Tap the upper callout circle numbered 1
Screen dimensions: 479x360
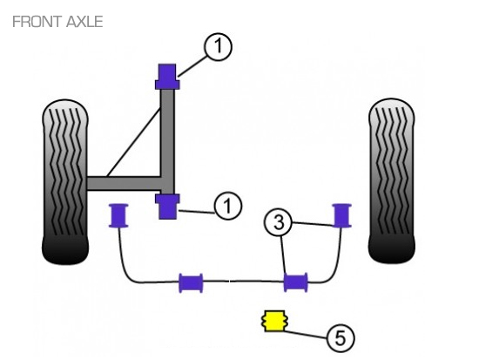pos(218,46)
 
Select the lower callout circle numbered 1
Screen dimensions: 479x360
pos(228,205)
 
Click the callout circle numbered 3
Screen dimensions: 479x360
pos(279,222)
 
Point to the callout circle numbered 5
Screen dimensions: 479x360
pos(341,338)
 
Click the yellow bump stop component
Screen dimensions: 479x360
pos(274,321)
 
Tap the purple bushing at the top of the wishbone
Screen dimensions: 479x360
pos(167,77)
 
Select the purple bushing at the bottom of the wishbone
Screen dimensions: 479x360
pos(167,207)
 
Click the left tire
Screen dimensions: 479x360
pos(65,181)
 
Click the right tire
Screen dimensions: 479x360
pos(392,180)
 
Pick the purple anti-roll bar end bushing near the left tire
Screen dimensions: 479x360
pos(118,215)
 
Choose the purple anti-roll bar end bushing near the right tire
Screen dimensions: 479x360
pos(342,215)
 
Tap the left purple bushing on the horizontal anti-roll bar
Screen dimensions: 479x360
pos(191,283)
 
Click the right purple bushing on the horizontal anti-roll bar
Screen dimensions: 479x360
pos(296,282)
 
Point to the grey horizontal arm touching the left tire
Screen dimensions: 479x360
pos(124,183)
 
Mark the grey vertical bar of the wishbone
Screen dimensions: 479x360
pos(168,141)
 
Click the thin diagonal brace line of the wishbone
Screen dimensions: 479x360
pos(134,141)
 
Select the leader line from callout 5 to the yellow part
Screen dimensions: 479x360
pos(306,334)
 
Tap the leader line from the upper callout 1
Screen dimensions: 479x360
pos(192,66)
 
